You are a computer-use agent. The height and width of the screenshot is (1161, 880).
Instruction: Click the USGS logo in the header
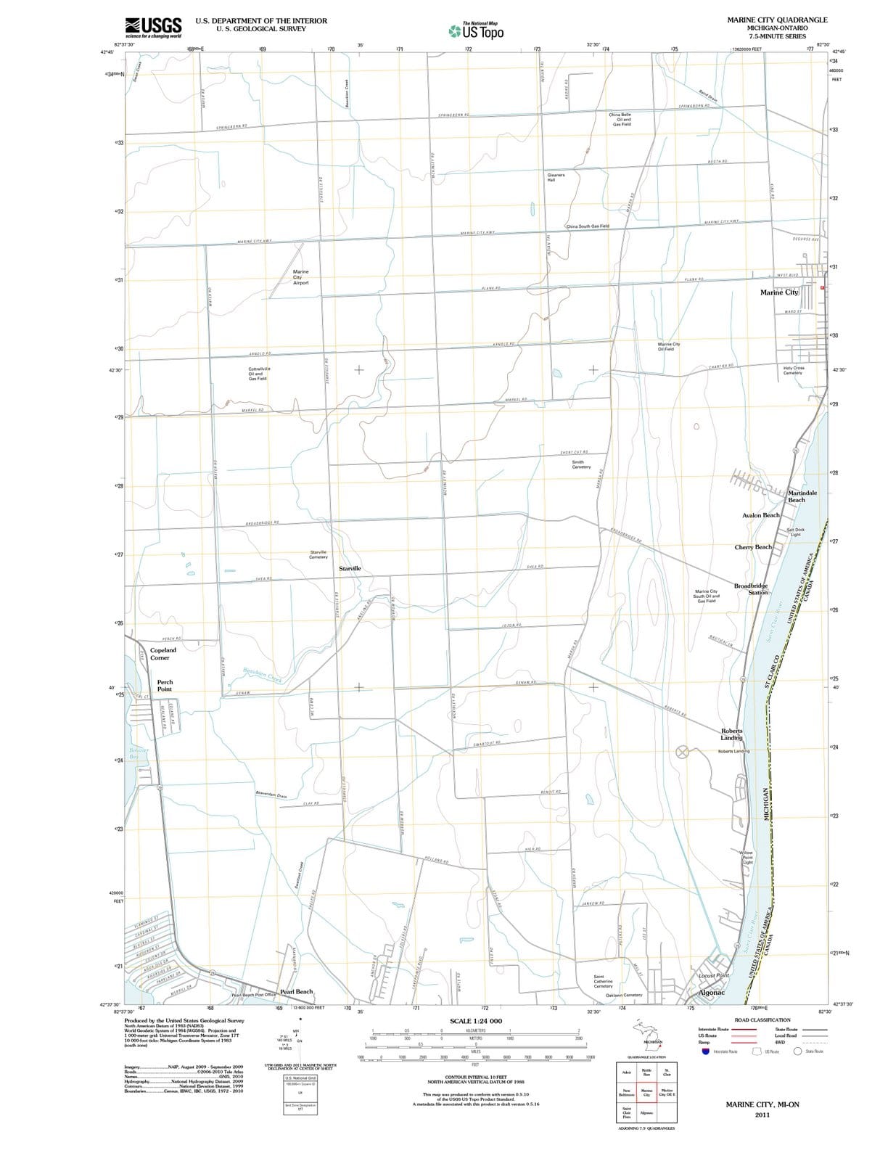pyautogui.click(x=153, y=27)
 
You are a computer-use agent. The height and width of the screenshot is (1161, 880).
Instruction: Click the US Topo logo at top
pyautogui.click(x=476, y=30)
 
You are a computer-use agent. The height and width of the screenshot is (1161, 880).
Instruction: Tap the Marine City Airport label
pyautogui.click(x=300, y=277)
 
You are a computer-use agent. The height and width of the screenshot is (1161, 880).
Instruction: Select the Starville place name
pyautogui.click(x=350, y=568)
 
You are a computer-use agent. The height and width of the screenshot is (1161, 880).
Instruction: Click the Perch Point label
pyautogui.click(x=165, y=686)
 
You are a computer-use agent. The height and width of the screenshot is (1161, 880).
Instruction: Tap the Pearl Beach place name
pyautogui.click(x=296, y=991)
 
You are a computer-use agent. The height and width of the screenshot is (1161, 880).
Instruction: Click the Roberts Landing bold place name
pyautogui.click(x=731, y=734)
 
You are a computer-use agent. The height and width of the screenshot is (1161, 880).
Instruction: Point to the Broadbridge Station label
pyautogui.click(x=751, y=588)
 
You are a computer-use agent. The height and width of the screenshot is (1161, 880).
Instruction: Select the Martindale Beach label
pyautogui.click(x=802, y=496)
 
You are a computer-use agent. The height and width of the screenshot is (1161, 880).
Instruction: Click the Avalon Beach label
pyautogui.click(x=760, y=515)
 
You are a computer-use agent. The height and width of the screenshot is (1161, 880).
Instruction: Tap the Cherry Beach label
pyautogui.click(x=753, y=547)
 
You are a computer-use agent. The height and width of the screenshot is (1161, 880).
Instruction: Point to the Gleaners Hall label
pyautogui.click(x=556, y=177)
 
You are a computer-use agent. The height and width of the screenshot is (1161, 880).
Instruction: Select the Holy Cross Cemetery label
pyautogui.click(x=793, y=370)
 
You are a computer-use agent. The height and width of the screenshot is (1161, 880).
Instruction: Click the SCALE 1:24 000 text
pyautogui.click(x=475, y=1021)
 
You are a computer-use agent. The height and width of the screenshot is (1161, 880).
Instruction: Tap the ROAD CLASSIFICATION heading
pyautogui.click(x=762, y=1020)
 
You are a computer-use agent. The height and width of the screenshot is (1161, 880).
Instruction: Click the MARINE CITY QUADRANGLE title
pyautogui.click(x=777, y=20)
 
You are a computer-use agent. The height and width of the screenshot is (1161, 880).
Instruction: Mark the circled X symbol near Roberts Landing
pyautogui.click(x=682, y=752)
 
